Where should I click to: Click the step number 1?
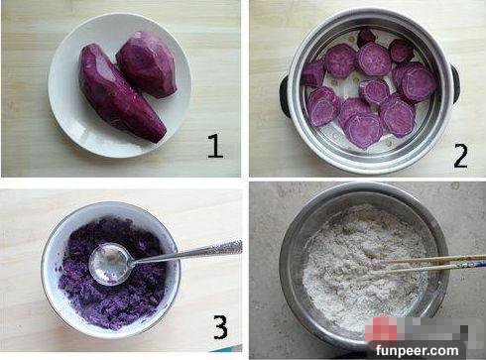pos(215,146)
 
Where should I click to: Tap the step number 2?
pos(460,157)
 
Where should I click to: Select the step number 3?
pos(220,326)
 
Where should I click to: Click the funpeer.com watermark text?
pos(418,350)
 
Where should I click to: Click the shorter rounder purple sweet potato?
pos(146,63)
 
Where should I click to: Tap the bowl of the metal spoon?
pos(110,264)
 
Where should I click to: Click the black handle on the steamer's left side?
pos(285,95)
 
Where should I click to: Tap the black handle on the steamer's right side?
pos(454,84)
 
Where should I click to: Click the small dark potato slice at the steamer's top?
pos(366,36)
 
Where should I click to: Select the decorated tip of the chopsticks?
pos(474,263)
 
